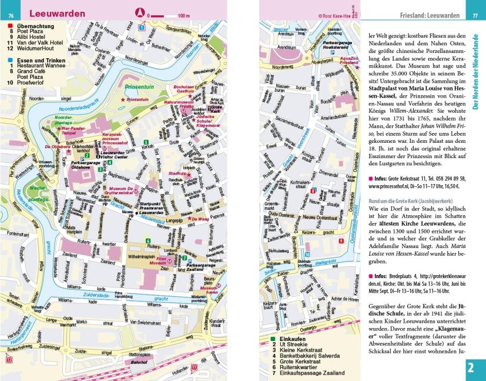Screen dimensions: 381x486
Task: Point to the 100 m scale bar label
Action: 183,15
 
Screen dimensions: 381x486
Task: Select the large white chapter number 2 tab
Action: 473,369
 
